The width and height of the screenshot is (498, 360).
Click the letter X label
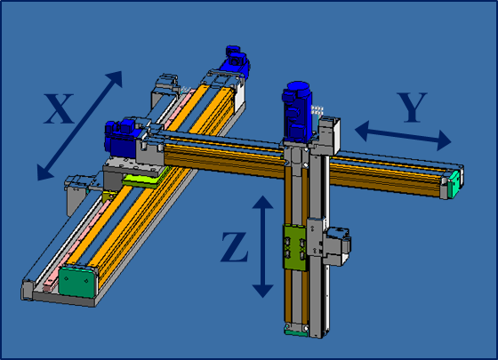[59, 108]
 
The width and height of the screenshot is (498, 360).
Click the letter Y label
[412, 108]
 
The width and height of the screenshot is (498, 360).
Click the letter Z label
[235, 247]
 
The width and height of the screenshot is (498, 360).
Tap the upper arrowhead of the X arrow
[115, 78]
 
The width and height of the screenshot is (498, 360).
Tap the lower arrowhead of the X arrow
[44, 172]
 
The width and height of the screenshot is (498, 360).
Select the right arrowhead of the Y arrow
[444, 140]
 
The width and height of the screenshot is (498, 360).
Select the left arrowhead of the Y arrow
[362, 131]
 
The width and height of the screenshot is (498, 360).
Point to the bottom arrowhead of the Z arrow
[262, 292]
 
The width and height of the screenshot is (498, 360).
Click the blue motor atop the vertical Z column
[297, 112]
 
